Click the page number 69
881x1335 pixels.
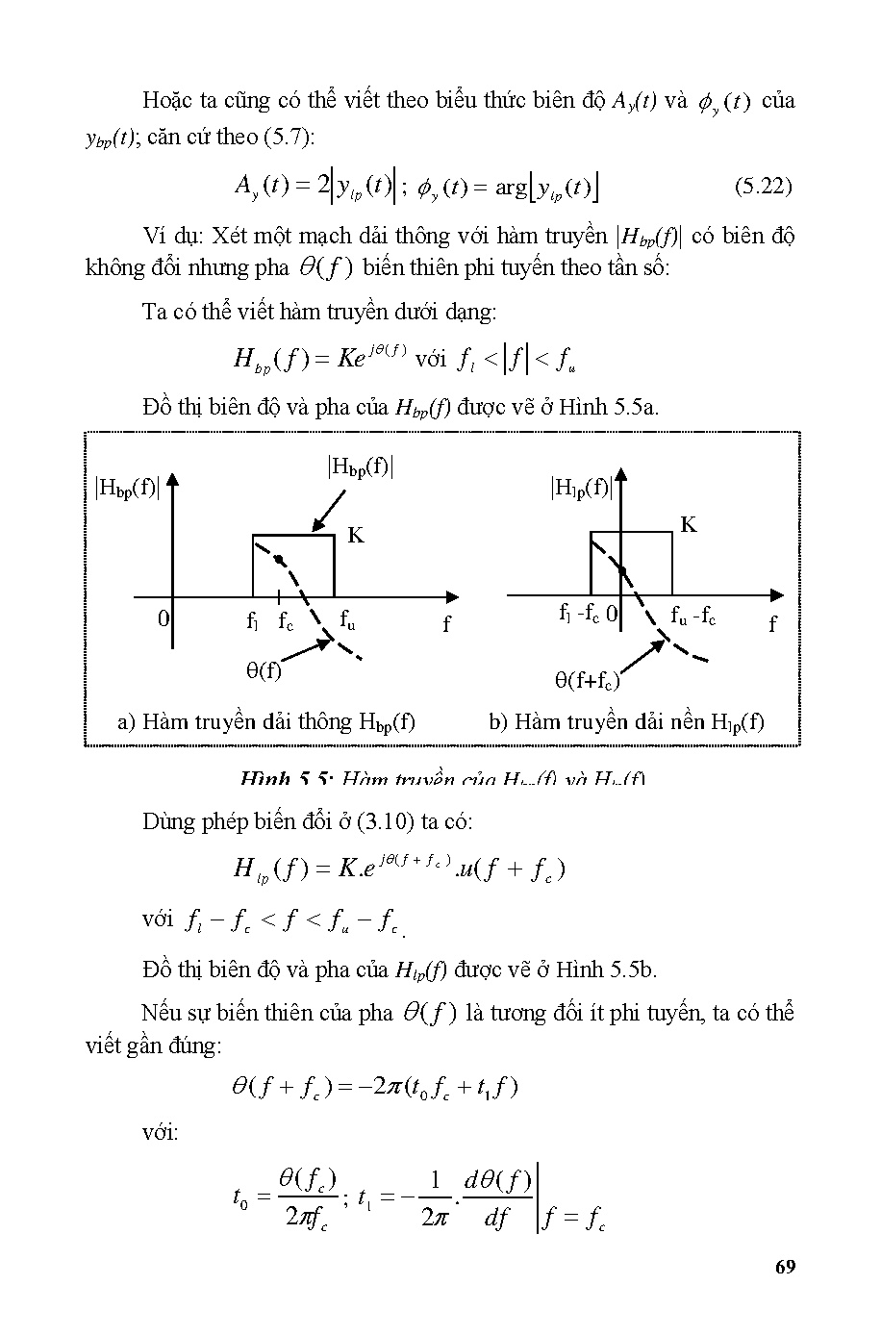[x=784, y=1266]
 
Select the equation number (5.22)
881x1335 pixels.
[x=763, y=187]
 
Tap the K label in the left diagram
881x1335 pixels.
[x=356, y=536]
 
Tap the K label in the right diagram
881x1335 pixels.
[x=689, y=525]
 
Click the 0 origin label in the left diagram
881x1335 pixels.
[x=164, y=618]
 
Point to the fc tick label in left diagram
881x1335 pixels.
[x=286, y=622]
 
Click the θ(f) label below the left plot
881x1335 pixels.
[x=264, y=670]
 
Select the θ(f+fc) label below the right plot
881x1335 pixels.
[x=587, y=681]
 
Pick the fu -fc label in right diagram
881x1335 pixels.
[x=692, y=616]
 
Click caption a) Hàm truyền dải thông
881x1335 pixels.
[x=266, y=721]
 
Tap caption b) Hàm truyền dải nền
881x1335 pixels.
[x=626, y=721]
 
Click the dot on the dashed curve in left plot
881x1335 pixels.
[x=279, y=558]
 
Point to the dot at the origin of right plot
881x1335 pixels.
[x=622, y=570]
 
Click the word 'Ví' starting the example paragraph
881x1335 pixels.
[x=154, y=236]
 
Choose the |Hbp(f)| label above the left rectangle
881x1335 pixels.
[x=361, y=467]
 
